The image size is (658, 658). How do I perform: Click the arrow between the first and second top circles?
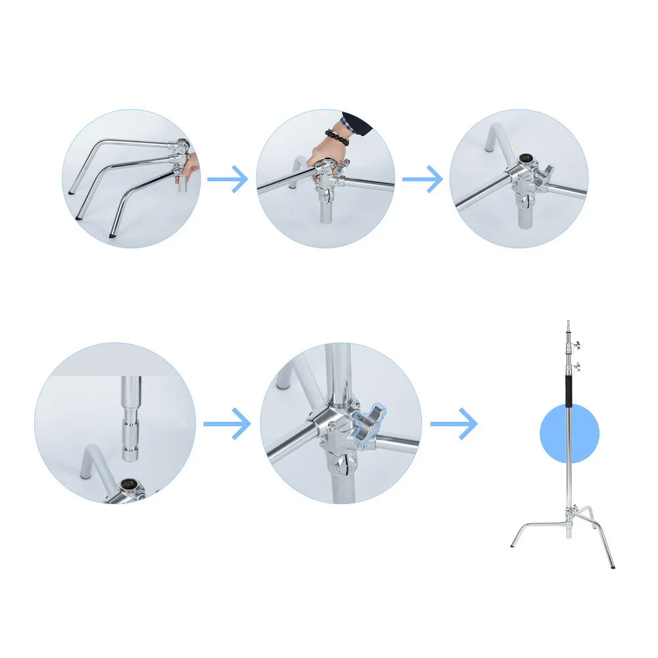(228, 178)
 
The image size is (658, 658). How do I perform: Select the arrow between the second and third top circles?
(422, 178)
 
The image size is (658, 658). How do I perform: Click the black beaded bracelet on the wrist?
(337, 137)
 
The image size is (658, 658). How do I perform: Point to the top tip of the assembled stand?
(568, 322)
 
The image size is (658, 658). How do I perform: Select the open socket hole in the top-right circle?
(526, 159)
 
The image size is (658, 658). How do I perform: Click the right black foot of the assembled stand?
(613, 565)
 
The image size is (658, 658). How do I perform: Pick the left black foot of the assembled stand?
(513, 545)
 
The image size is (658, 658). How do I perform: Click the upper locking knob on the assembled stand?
(577, 345)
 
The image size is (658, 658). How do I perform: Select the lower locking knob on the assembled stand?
(577, 366)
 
